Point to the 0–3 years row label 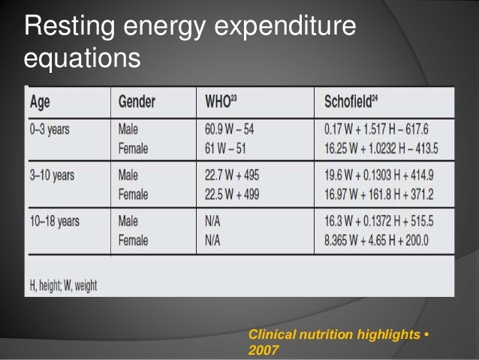pyautogui.click(x=49, y=129)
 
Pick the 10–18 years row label pyautogui.click(x=54, y=222)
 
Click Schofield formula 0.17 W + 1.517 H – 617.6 pyautogui.click(x=377, y=129)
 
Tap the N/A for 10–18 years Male pyautogui.click(x=215, y=222)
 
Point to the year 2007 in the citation pyautogui.click(x=264, y=349)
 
